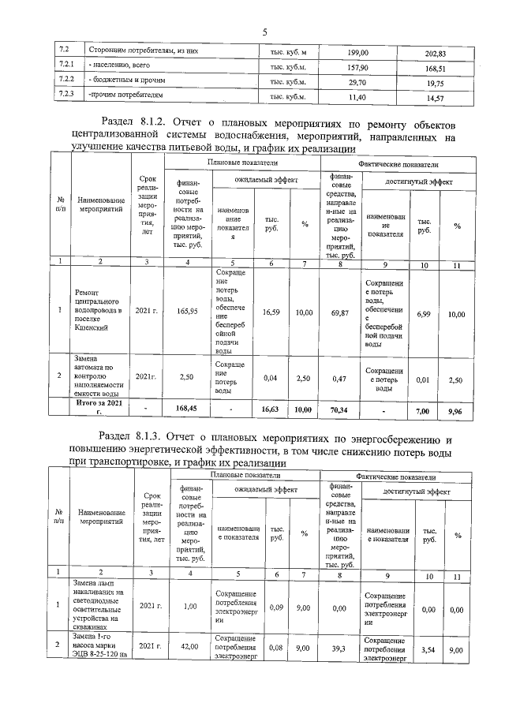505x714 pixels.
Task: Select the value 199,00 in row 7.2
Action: tap(358, 52)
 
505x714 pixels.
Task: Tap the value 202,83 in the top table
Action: tap(436, 54)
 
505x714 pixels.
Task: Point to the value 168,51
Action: tap(436, 69)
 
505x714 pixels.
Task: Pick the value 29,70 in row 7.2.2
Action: tap(358, 81)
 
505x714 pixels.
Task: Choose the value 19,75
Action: tap(436, 84)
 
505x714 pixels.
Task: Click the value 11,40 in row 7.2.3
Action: tap(358, 97)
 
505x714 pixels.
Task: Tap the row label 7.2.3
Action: tap(66, 95)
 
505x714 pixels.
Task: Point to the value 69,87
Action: tap(341, 313)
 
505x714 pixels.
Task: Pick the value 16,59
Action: tap(271, 312)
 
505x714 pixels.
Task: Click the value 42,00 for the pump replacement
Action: tap(188, 646)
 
